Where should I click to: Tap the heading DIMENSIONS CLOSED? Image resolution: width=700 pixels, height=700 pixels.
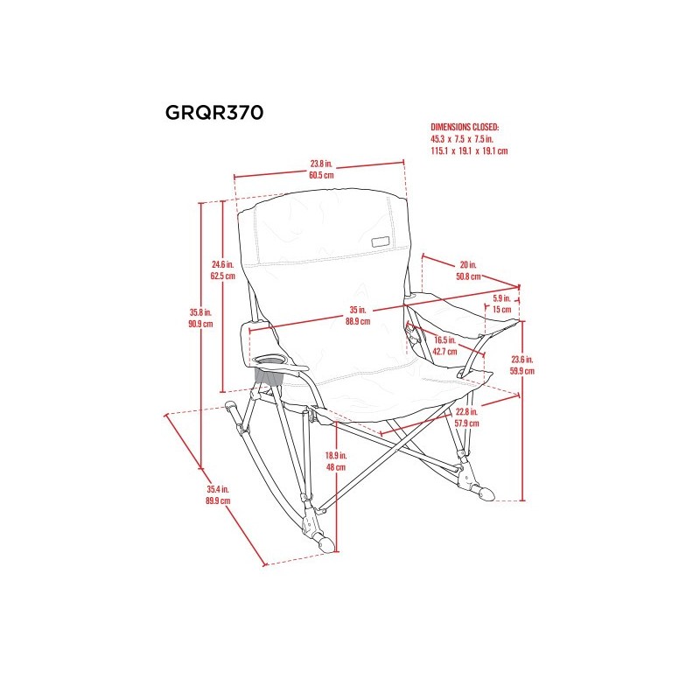(x=463, y=128)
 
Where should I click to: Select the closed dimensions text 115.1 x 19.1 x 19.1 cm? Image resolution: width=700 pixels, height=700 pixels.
(x=469, y=150)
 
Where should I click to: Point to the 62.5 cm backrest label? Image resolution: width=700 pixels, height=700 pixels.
(x=223, y=276)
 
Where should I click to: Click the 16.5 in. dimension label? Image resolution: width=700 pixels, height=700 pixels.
(x=444, y=339)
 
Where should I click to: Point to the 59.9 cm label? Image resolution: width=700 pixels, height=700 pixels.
(x=522, y=370)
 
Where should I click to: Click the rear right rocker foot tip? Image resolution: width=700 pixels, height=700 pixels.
(x=487, y=496)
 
